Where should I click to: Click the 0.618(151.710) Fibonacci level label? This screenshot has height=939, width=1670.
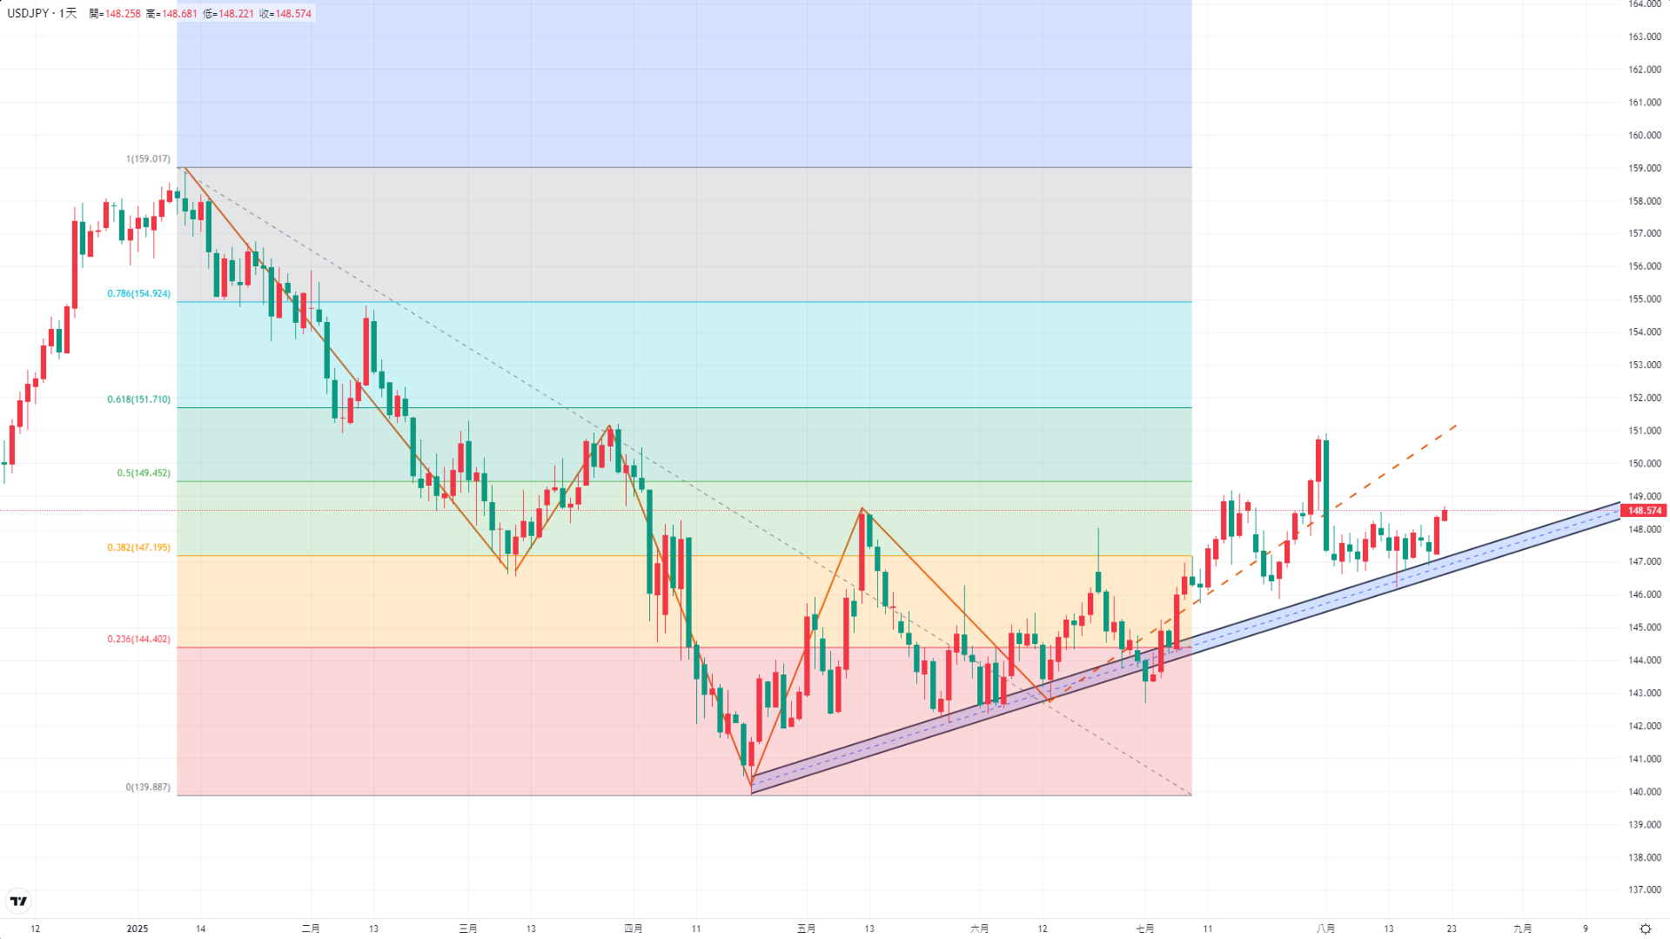[x=139, y=399]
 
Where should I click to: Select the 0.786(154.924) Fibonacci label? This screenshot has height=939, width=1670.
[x=139, y=294]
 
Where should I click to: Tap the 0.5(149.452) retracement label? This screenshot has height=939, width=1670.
[x=144, y=473]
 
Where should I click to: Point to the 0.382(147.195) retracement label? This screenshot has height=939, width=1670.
[x=139, y=547]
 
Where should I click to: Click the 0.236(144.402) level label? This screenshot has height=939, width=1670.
[x=139, y=639]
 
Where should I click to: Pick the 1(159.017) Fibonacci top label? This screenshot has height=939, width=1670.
[x=148, y=159]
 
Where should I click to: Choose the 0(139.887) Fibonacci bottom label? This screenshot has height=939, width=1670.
[x=148, y=788]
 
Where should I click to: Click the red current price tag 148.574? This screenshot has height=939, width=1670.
[x=1644, y=511]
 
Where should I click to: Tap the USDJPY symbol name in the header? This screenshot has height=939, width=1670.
[x=28, y=14]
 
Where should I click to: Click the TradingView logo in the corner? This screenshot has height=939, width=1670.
[x=18, y=901]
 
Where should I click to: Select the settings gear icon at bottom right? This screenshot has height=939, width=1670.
[x=1645, y=929]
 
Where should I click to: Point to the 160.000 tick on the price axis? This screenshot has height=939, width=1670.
[x=1644, y=136]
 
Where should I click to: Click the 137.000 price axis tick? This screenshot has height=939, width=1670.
[x=1644, y=890]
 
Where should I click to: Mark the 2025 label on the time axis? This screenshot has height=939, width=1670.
[x=137, y=929]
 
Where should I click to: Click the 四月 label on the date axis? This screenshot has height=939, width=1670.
[x=634, y=929]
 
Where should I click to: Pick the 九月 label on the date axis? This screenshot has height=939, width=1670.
[x=1522, y=929]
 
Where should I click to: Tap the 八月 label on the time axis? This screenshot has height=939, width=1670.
[x=1325, y=929]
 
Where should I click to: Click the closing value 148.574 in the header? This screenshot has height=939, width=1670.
[x=293, y=14]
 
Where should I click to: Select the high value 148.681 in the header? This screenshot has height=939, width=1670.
[x=179, y=14]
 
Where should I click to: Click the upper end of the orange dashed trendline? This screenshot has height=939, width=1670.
[x=1456, y=426]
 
